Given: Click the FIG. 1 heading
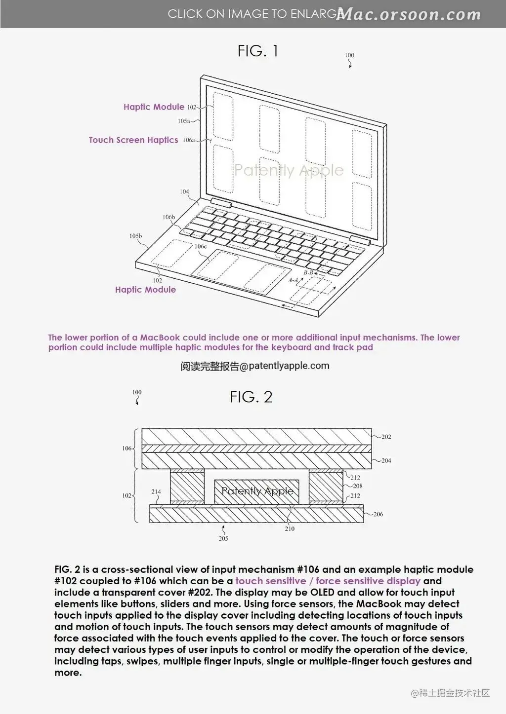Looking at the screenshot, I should click(x=257, y=51).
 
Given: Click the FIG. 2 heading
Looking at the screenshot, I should click(x=251, y=397).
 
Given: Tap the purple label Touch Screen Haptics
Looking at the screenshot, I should click(x=133, y=140).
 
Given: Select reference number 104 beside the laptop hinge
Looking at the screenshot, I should click(x=184, y=192).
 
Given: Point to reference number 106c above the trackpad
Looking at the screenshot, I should click(x=201, y=246).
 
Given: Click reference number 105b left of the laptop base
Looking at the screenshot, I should click(x=135, y=236).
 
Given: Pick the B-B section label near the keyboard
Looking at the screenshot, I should click(x=308, y=273).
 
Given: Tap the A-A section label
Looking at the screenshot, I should click(x=294, y=280).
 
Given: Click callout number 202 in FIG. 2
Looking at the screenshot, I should click(x=386, y=437).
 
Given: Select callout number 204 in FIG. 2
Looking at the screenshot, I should click(x=386, y=460).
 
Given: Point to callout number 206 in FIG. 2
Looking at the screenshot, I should click(x=378, y=514).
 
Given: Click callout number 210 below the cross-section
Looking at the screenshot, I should click(x=290, y=529).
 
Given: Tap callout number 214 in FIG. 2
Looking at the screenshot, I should click(x=156, y=492).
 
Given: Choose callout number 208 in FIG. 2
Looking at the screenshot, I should click(x=358, y=486).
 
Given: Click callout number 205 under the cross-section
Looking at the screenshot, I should click(x=223, y=538).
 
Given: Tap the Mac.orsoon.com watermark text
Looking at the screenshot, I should click(x=408, y=14).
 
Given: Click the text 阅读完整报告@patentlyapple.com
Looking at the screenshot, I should click(x=254, y=366).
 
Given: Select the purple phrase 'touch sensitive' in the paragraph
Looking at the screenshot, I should click(x=271, y=581).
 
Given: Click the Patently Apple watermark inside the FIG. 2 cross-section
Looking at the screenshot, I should click(x=257, y=491).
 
